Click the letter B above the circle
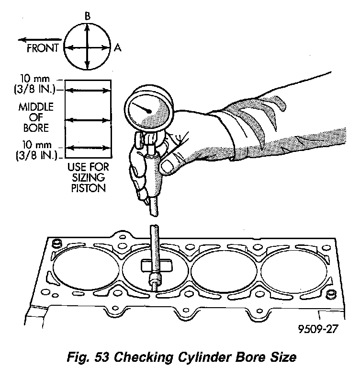(x=87, y=16)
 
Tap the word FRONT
(x=43, y=48)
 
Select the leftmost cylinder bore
(x=86, y=269)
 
